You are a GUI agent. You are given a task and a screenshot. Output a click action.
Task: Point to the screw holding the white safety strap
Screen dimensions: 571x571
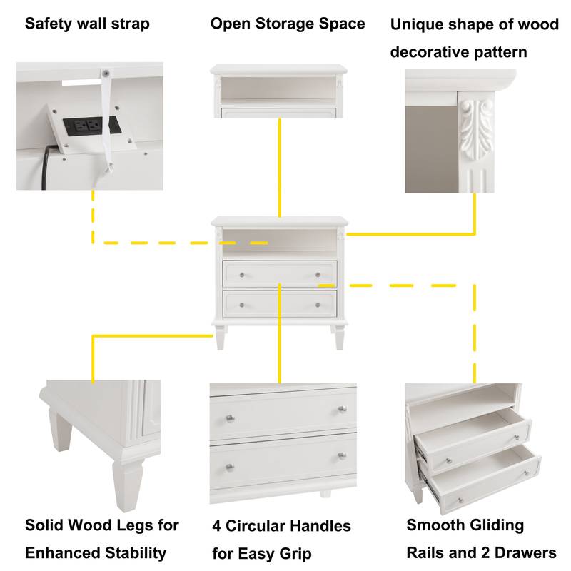coord(105,73)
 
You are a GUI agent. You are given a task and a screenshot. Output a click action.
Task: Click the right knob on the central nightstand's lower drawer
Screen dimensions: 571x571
coord(318,305)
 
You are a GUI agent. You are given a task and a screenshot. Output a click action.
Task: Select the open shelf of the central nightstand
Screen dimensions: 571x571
coord(279,241)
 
